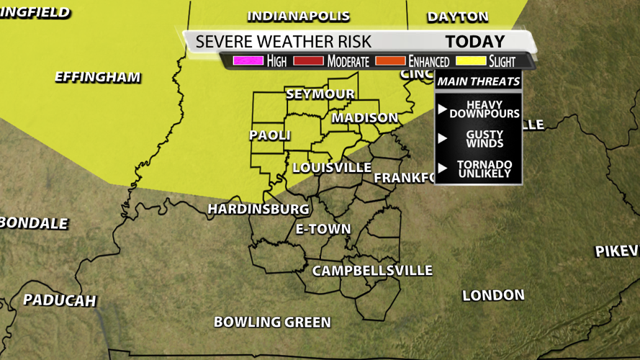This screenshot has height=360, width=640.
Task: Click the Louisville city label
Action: (332, 168)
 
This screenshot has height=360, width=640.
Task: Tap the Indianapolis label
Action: (298, 16)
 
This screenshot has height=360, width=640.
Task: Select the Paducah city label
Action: (59, 300)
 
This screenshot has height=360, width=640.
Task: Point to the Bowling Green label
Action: (272, 322)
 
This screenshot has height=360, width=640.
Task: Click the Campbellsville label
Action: (371, 271)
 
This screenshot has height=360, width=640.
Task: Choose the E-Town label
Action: (323, 229)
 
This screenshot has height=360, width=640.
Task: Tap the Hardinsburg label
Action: (258, 209)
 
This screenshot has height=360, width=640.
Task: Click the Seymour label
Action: (320, 94)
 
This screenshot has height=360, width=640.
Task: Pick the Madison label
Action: (364, 117)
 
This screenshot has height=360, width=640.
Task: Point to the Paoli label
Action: (270, 135)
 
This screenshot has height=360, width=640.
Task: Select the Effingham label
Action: (98, 77)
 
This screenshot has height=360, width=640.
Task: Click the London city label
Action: (493, 295)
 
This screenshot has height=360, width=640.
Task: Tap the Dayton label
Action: (457, 16)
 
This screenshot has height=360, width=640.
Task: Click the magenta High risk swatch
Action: (248, 61)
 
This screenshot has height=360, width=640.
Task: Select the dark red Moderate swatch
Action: (308, 61)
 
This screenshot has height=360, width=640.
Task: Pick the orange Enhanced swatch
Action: (389, 61)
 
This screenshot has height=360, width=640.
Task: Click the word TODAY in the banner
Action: (475, 42)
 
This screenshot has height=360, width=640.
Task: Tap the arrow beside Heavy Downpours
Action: (443, 109)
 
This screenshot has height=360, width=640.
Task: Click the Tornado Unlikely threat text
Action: (484, 169)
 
